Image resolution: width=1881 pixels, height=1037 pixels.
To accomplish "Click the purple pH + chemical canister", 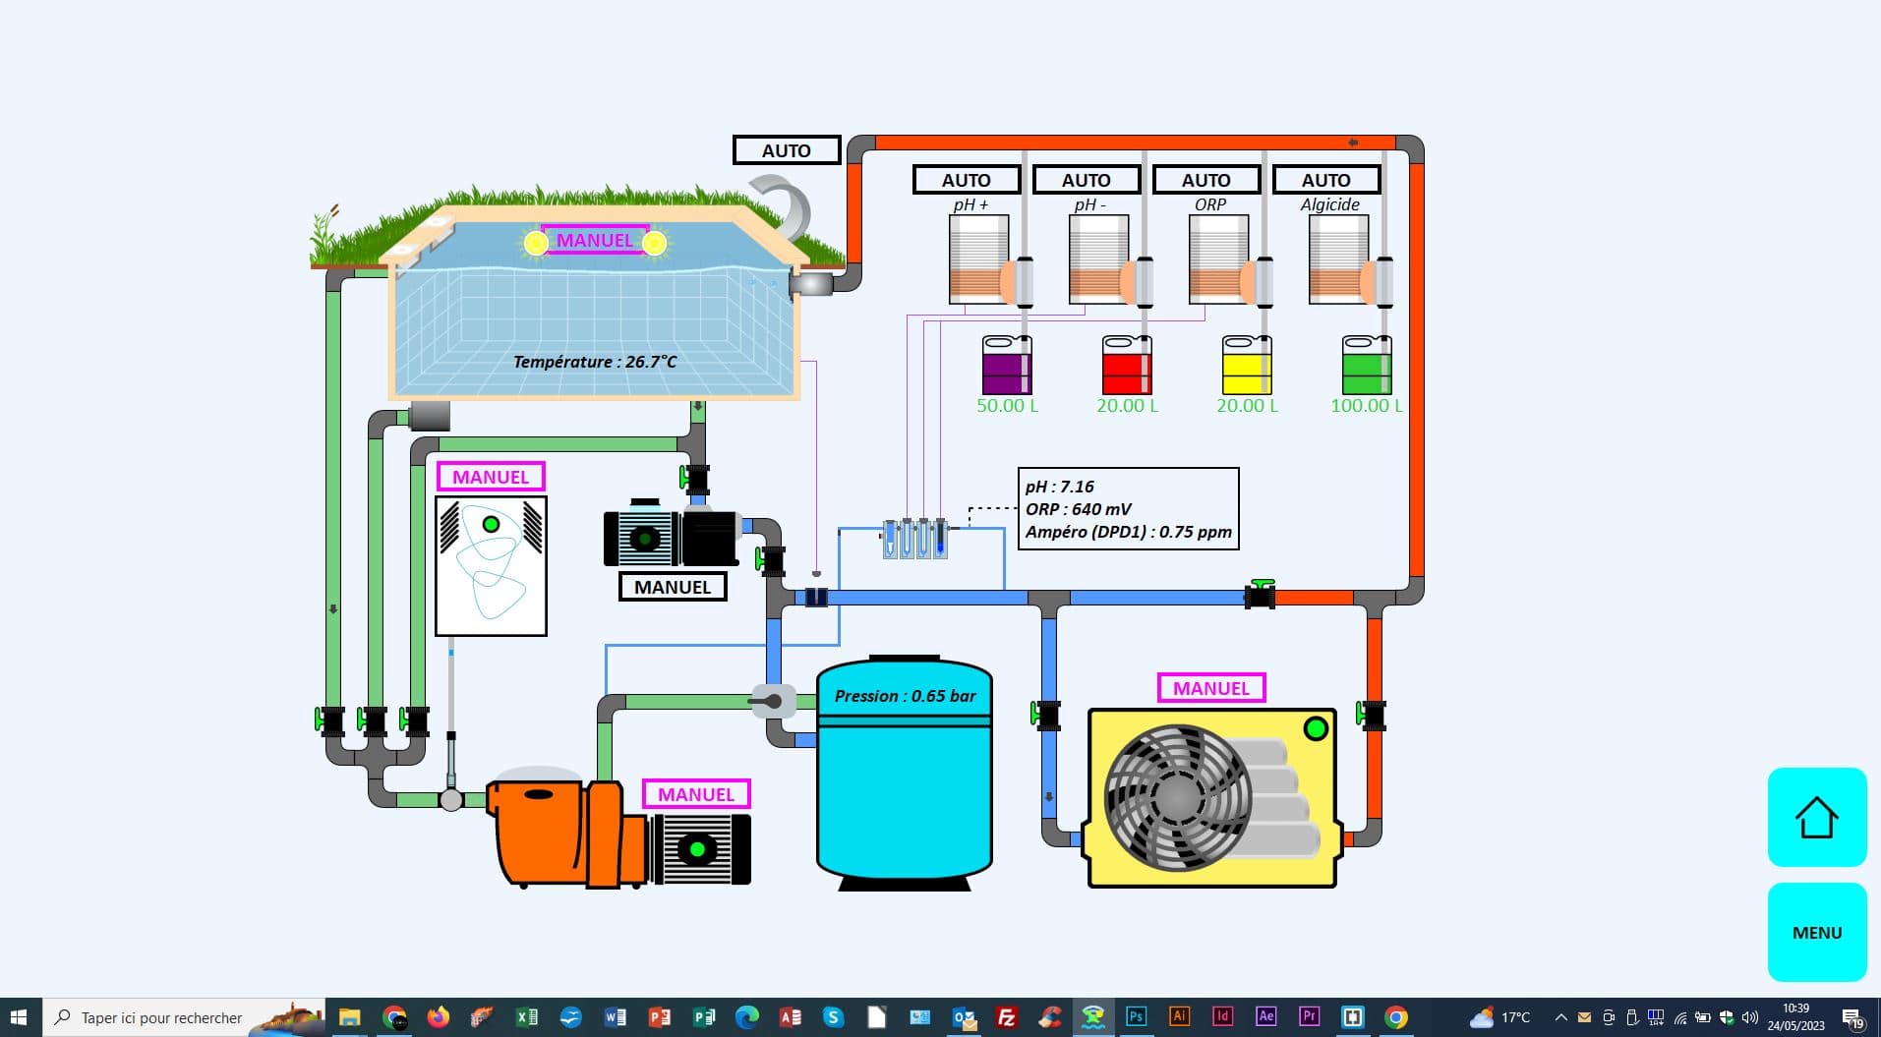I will [x=1007, y=366].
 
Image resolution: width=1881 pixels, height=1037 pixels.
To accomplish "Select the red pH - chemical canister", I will [x=1127, y=366].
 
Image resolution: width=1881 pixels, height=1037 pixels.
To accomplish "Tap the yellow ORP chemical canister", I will [x=1247, y=366].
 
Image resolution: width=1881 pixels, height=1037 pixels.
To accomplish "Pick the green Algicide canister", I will [x=1367, y=366].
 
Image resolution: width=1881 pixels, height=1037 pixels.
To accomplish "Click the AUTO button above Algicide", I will [x=1325, y=180].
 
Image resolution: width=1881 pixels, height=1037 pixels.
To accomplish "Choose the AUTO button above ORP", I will [x=1205, y=180].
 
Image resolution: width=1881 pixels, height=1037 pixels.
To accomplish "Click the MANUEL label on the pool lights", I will [x=595, y=240].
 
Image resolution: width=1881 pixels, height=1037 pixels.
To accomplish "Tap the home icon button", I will [x=1816, y=817].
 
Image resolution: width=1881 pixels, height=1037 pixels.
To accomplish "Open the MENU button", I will [x=1816, y=932].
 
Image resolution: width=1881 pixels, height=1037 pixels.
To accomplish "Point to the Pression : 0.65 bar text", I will [x=905, y=696].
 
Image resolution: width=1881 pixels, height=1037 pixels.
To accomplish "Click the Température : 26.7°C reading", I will [x=595, y=362].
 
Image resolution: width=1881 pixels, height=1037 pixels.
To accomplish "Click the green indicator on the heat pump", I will [x=1315, y=728].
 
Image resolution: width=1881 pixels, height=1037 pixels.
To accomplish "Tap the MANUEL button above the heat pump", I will [x=1210, y=688].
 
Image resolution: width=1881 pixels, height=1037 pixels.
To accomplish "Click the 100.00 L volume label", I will [x=1366, y=405].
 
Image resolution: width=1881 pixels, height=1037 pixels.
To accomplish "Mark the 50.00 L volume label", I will [x=1007, y=405].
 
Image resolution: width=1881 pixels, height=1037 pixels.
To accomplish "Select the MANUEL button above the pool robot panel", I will [x=490, y=477].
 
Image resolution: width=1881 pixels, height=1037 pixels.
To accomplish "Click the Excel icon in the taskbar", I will [x=527, y=1017].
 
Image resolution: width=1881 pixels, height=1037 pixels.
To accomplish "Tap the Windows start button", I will [x=18, y=1017].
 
